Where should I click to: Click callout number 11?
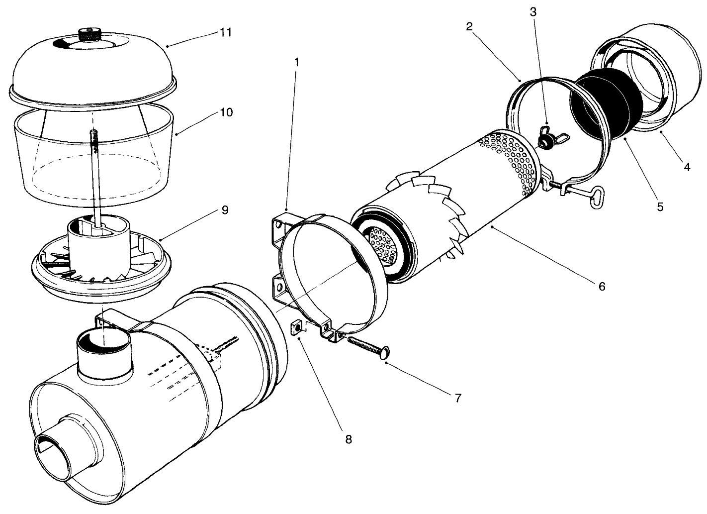point(226,33)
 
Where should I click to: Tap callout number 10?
point(226,112)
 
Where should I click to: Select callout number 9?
point(225,210)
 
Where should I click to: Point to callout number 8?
point(348,439)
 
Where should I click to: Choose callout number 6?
point(602,287)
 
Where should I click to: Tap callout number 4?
point(687,167)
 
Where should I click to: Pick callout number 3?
point(533,11)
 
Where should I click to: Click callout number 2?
point(469,26)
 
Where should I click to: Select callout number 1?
point(297,62)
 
